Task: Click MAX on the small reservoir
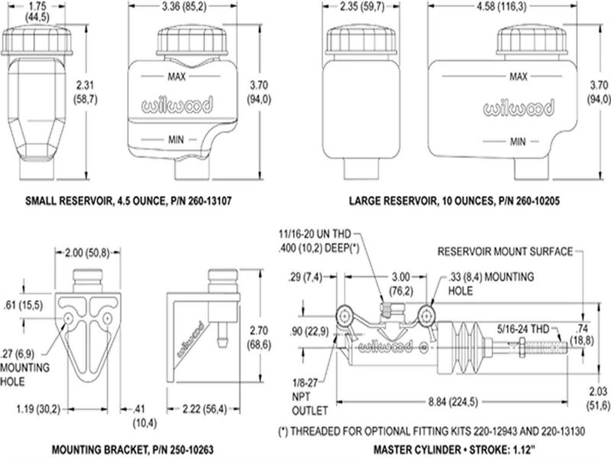[176, 77]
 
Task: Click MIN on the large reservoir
[518, 142]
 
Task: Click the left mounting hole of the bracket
[69, 318]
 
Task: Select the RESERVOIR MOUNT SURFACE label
[505, 252]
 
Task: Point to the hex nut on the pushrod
[522, 347]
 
